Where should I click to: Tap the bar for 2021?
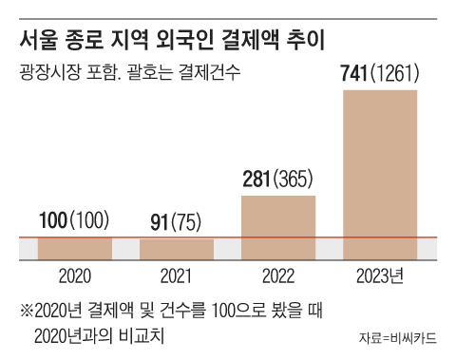click(x=177, y=249)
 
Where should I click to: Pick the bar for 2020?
click(x=75, y=248)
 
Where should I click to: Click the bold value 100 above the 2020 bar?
click(x=55, y=222)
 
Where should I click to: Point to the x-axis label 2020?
click(x=75, y=277)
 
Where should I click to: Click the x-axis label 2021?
click(x=177, y=277)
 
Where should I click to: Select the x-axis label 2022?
click(x=278, y=277)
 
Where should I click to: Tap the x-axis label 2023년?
click(x=379, y=277)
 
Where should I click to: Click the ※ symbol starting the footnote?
click(x=27, y=311)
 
